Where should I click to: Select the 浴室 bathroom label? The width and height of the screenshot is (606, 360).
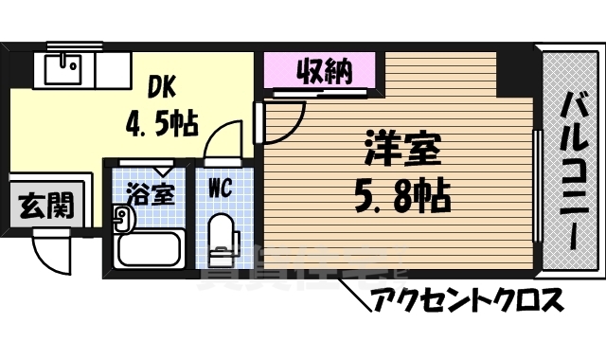point(151,195)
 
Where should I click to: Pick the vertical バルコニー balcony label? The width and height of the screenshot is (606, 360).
point(572,171)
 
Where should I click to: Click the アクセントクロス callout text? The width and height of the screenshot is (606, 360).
point(468,301)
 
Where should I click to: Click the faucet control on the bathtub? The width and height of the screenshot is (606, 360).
point(121,221)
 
